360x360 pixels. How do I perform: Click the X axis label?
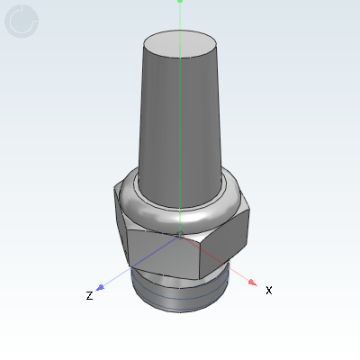click(x=268, y=290)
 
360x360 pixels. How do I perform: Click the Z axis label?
click(x=89, y=295)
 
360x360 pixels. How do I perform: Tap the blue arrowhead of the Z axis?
click(x=102, y=288)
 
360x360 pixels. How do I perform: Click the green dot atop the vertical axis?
click(x=180, y=2)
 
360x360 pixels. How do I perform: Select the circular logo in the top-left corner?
click(x=22, y=20)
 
